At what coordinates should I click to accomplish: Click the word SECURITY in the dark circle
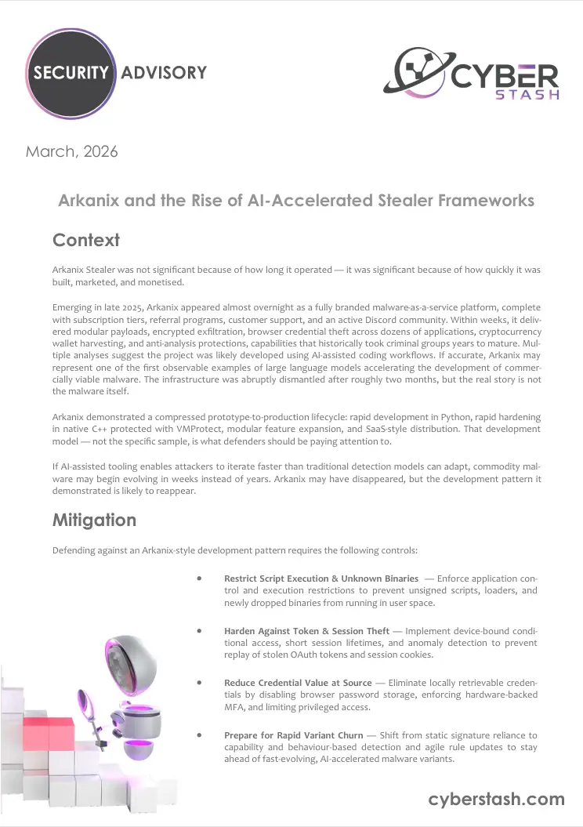point(69,73)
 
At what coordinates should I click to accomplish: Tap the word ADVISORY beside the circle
point(164,73)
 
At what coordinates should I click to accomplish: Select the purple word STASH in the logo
point(528,96)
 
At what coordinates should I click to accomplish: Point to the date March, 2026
point(72,151)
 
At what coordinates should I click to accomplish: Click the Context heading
point(85,239)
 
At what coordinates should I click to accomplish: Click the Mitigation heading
point(94,520)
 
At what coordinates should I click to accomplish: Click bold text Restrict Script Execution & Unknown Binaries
point(321,579)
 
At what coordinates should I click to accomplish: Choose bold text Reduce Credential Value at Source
point(299,683)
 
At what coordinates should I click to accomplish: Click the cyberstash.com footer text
point(496,799)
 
